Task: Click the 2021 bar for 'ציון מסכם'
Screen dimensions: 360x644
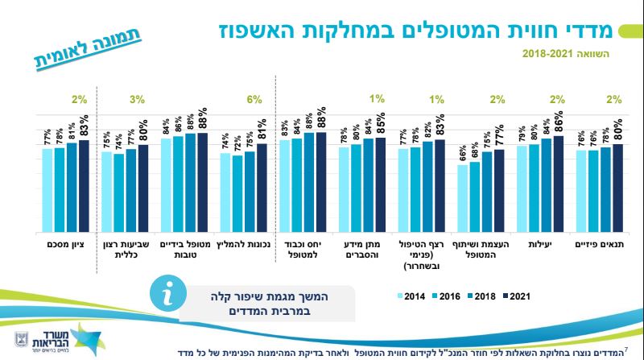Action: (x=84, y=185)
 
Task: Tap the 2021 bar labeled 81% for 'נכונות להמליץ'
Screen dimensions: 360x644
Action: (x=262, y=188)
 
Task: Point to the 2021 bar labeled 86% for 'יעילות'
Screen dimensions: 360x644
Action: (x=558, y=184)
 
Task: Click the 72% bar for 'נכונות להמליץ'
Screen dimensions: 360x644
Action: (x=237, y=193)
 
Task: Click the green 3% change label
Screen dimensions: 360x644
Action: (x=137, y=100)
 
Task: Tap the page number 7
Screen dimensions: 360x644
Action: (x=627, y=346)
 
